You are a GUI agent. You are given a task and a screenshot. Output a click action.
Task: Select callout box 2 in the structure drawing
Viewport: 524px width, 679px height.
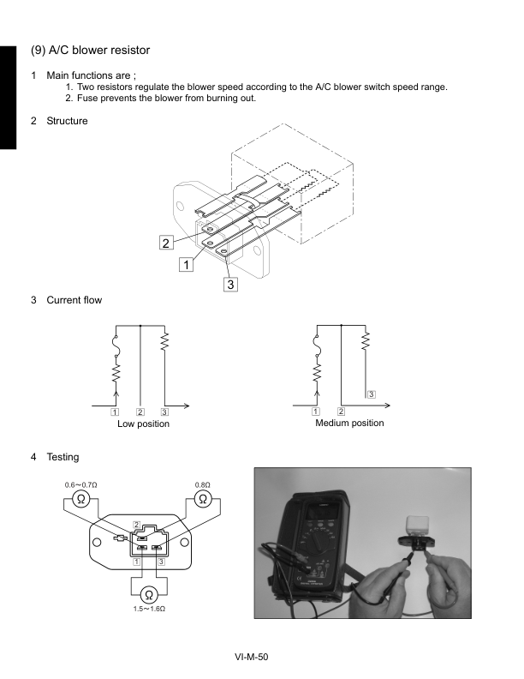click(166, 243)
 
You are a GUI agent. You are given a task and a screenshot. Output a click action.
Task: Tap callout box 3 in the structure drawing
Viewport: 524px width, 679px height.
click(230, 284)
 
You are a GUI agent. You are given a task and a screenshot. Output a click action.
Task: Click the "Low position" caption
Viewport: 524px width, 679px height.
click(143, 424)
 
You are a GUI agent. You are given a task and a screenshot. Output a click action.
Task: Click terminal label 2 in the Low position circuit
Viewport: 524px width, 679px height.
click(140, 412)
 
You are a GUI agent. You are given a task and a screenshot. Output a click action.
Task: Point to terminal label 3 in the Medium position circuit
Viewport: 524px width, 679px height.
click(370, 394)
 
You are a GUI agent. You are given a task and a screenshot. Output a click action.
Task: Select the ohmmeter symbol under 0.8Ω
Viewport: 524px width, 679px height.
click(203, 499)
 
